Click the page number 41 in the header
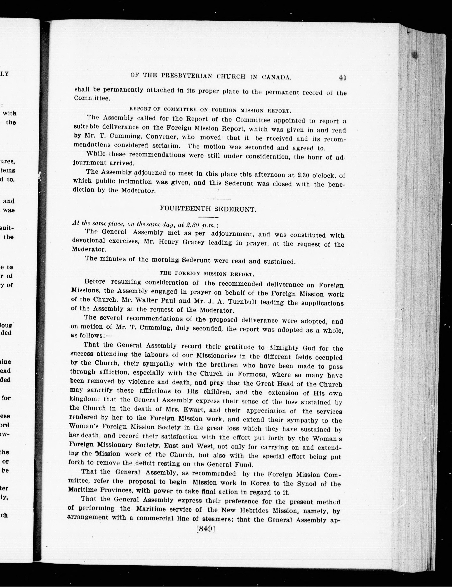pos(342,78)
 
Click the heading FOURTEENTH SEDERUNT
pos(208,209)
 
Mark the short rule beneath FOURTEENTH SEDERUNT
pos(208,217)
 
